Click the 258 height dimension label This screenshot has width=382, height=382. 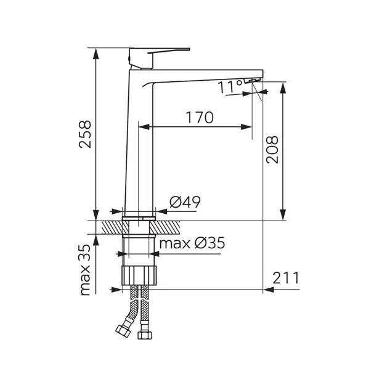(85, 134)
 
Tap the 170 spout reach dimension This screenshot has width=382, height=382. (200, 118)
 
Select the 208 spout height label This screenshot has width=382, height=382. (272, 150)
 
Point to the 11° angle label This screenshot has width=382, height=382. (230, 87)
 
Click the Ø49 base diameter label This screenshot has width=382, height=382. (185, 202)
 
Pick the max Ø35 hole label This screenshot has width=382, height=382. (192, 243)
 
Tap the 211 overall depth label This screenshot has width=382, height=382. (285, 278)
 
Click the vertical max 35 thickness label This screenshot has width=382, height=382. (85, 270)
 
